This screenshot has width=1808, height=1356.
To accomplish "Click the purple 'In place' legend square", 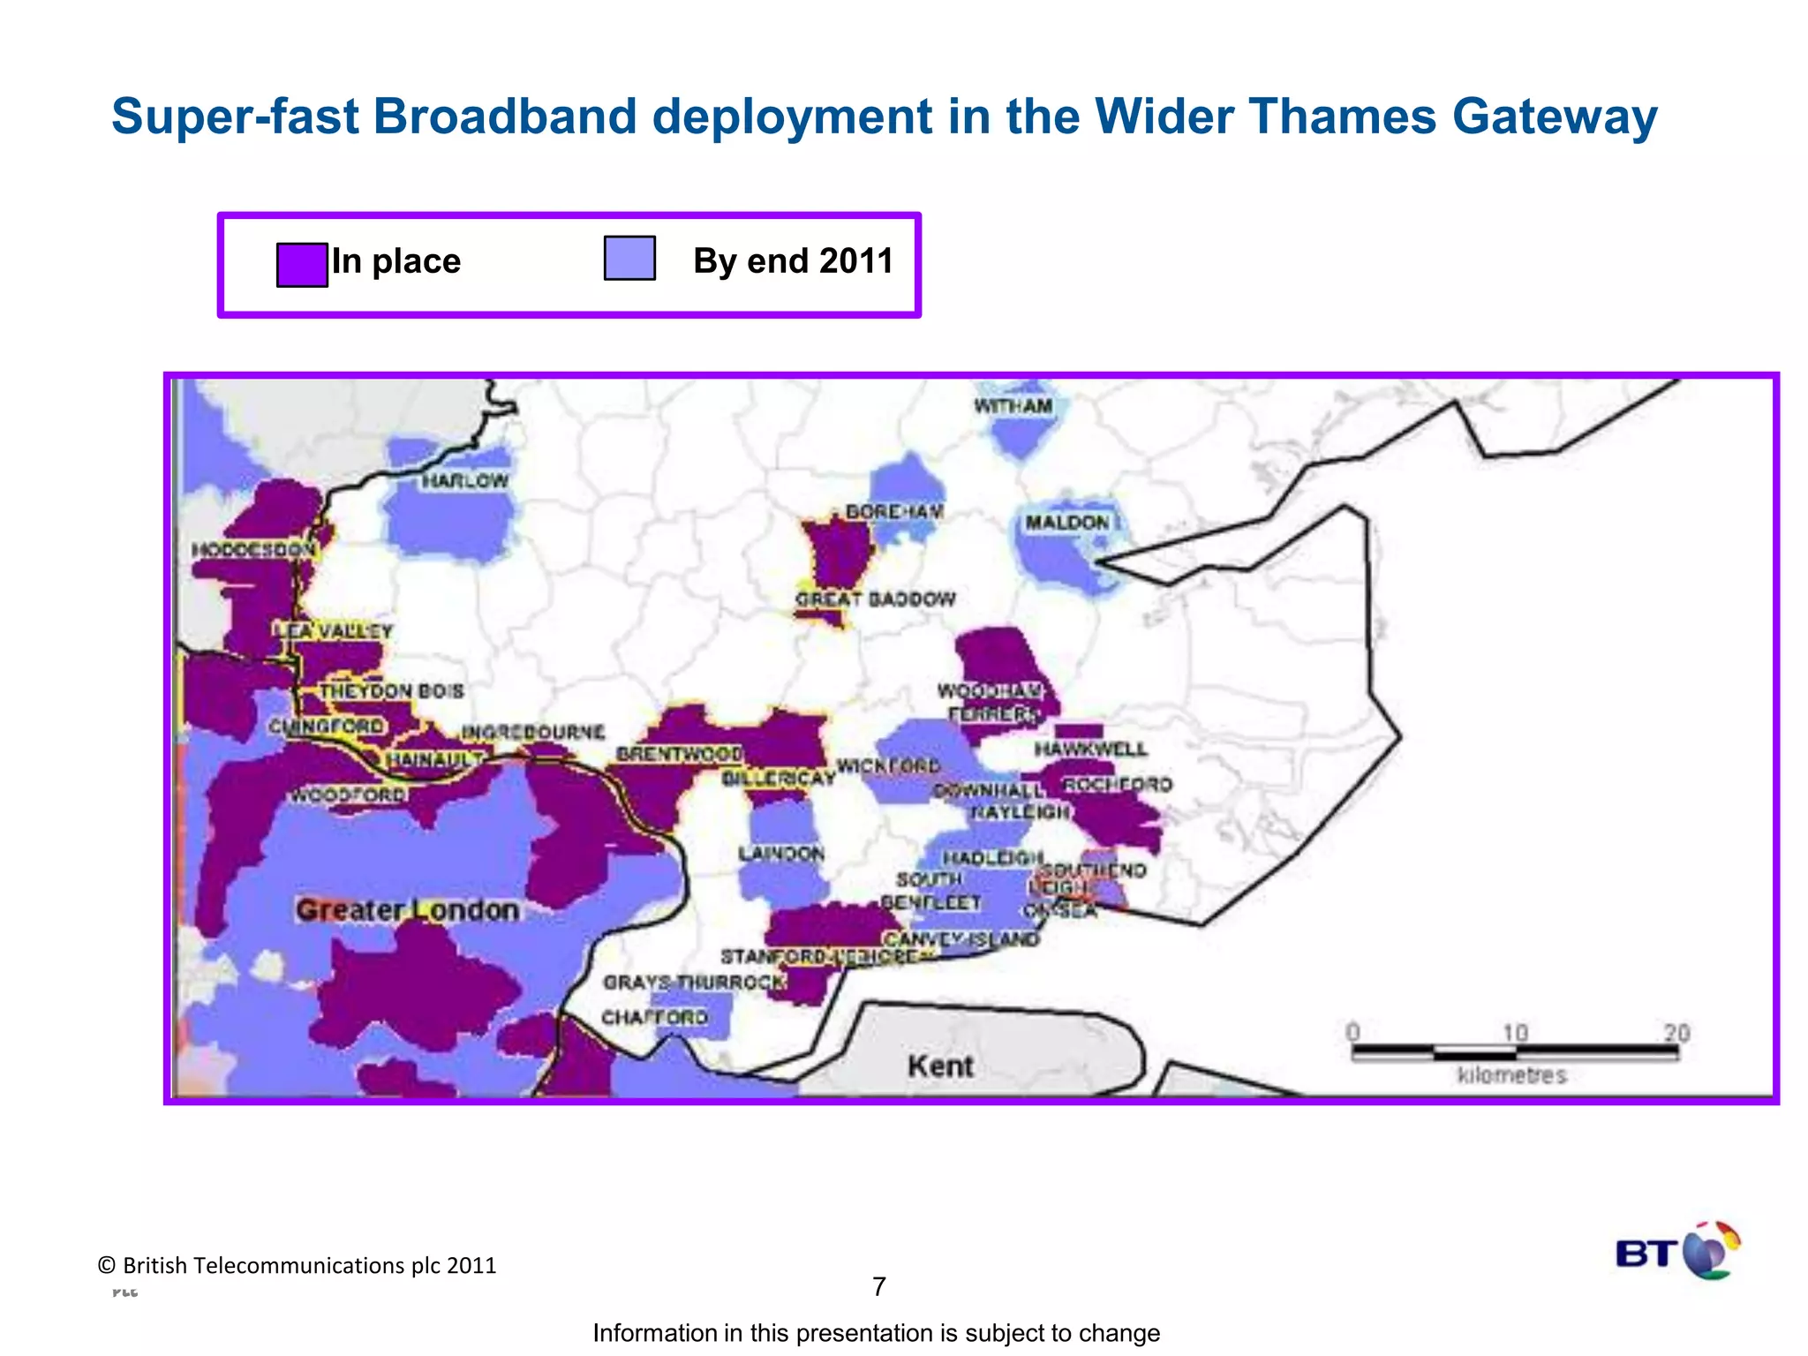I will [x=302, y=265].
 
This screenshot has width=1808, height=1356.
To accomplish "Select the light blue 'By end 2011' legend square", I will [x=629, y=258].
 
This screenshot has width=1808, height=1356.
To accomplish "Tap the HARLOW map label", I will [x=464, y=481].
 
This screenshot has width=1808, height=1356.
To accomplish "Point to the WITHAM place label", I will [x=1013, y=406].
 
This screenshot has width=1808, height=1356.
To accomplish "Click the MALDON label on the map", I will [x=1066, y=523].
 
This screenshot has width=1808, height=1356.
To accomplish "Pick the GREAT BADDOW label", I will [x=875, y=599].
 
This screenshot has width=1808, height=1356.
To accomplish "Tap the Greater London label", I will [x=407, y=910].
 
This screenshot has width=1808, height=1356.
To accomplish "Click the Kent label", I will [x=940, y=1066].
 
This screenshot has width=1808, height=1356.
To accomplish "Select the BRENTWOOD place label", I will [x=679, y=754].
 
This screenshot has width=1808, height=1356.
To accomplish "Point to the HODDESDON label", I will [x=253, y=550].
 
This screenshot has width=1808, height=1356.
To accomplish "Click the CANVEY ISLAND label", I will [x=961, y=938].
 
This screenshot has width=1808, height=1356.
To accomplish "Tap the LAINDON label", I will [x=781, y=854].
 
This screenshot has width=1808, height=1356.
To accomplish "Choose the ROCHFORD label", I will [x=1118, y=784].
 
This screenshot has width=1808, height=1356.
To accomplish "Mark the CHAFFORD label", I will [x=654, y=1017].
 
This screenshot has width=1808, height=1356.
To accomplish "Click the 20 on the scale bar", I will [x=1676, y=1032].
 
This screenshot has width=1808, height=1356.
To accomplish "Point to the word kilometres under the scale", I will [x=1511, y=1075].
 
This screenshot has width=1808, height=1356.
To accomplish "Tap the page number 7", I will [x=878, y=1286].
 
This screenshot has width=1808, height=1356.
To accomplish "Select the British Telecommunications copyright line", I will [x=298, y=1265].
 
